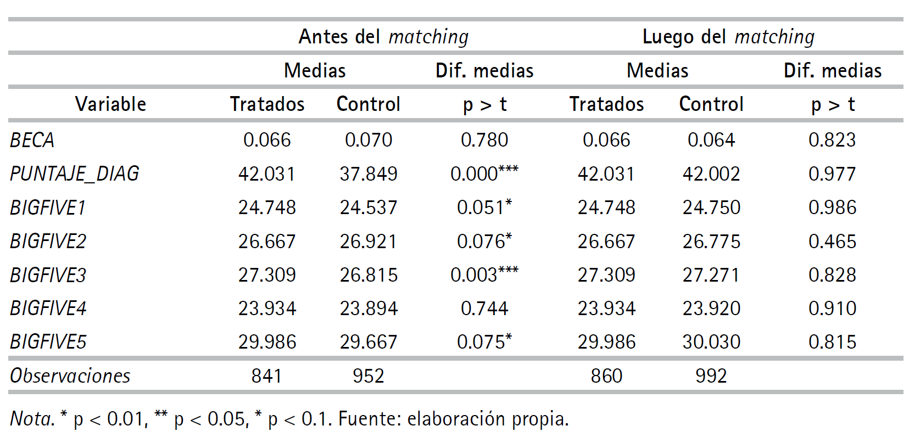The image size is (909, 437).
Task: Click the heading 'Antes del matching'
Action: [383, 37]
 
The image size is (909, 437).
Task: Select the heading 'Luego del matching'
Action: [728, 37]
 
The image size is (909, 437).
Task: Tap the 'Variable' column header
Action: [110, 104]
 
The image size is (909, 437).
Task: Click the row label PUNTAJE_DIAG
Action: [75, 173]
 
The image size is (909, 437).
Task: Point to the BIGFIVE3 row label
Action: [48, 274]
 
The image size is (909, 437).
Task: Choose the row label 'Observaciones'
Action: [70, 376]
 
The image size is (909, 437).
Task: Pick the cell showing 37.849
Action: [368, 174]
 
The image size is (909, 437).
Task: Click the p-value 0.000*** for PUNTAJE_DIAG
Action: [484, 173]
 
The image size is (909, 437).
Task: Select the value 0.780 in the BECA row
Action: [484, 140]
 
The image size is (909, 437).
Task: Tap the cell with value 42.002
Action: [711, 174]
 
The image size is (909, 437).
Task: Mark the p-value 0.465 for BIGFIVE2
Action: [832, 242]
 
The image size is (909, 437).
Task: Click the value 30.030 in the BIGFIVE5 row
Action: [711, 342]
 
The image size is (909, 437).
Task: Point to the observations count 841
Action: [266, 376]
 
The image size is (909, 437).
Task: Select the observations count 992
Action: [711, 376]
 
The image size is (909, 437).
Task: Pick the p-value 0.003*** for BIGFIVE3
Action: [484, 274]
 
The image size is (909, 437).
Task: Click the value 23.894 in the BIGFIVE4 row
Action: [368, 309]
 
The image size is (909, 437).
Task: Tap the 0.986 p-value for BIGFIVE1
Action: [832, 208]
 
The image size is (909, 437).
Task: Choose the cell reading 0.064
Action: [711, 140]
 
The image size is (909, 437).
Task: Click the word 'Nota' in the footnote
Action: [31, 419]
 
